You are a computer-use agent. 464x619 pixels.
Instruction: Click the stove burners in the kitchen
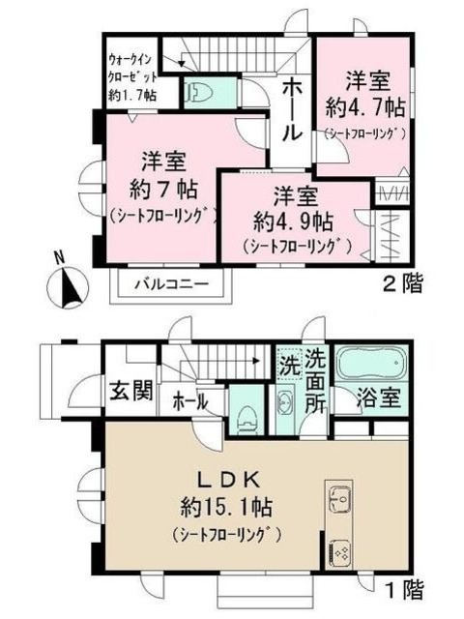(x=341, y=552)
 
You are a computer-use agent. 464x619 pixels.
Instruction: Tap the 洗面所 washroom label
(x=315, y=382)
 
